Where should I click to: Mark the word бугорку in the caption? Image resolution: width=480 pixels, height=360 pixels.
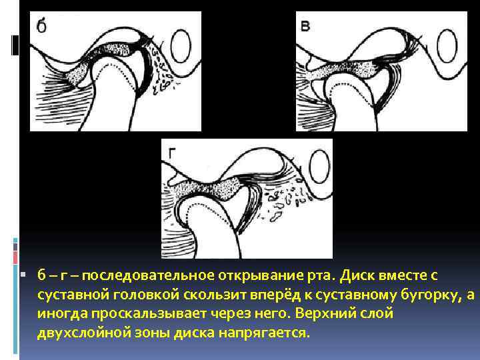click(426, 295)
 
